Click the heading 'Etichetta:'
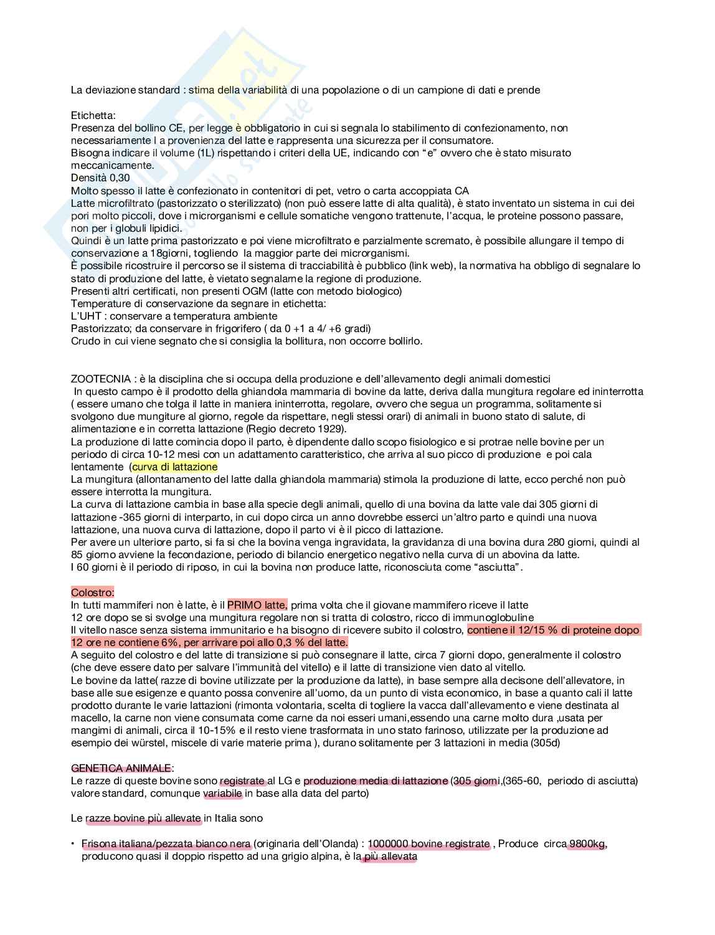93,115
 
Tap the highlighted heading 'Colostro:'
92,592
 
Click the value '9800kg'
587,844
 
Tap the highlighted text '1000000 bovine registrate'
429,844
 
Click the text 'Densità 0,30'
100,178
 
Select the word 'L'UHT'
86,316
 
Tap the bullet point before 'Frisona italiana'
73,843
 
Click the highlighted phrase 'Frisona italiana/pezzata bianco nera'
166,844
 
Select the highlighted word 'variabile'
222,794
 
